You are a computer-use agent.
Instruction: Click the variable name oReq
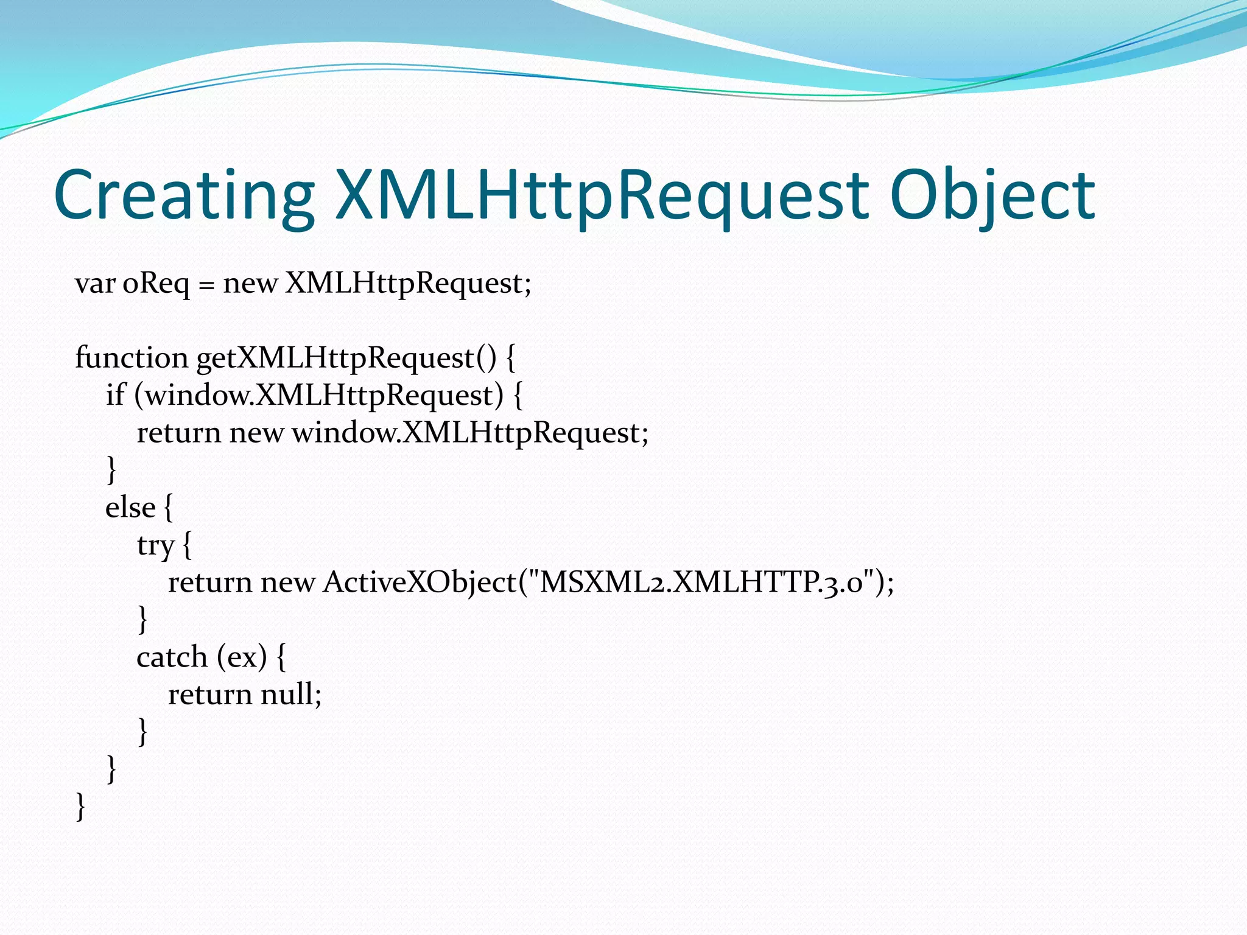pos(156,284)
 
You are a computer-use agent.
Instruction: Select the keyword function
pos(131,357)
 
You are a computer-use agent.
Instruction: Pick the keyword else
pos(130,508)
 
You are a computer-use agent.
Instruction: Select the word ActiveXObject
pos(420,583)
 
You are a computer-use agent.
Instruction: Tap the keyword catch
pos(172,657)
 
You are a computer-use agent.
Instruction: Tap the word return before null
pos(209,695)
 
